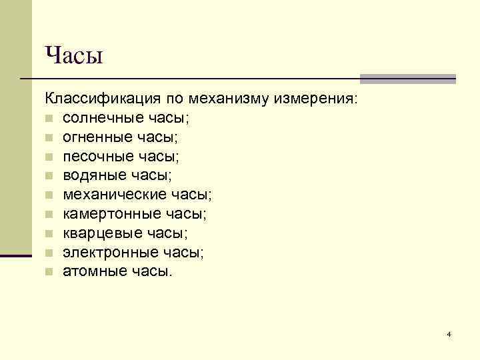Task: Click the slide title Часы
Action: tap(74, 55)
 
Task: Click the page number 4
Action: tap(449, 333)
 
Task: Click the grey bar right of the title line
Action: tap(407, 79)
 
